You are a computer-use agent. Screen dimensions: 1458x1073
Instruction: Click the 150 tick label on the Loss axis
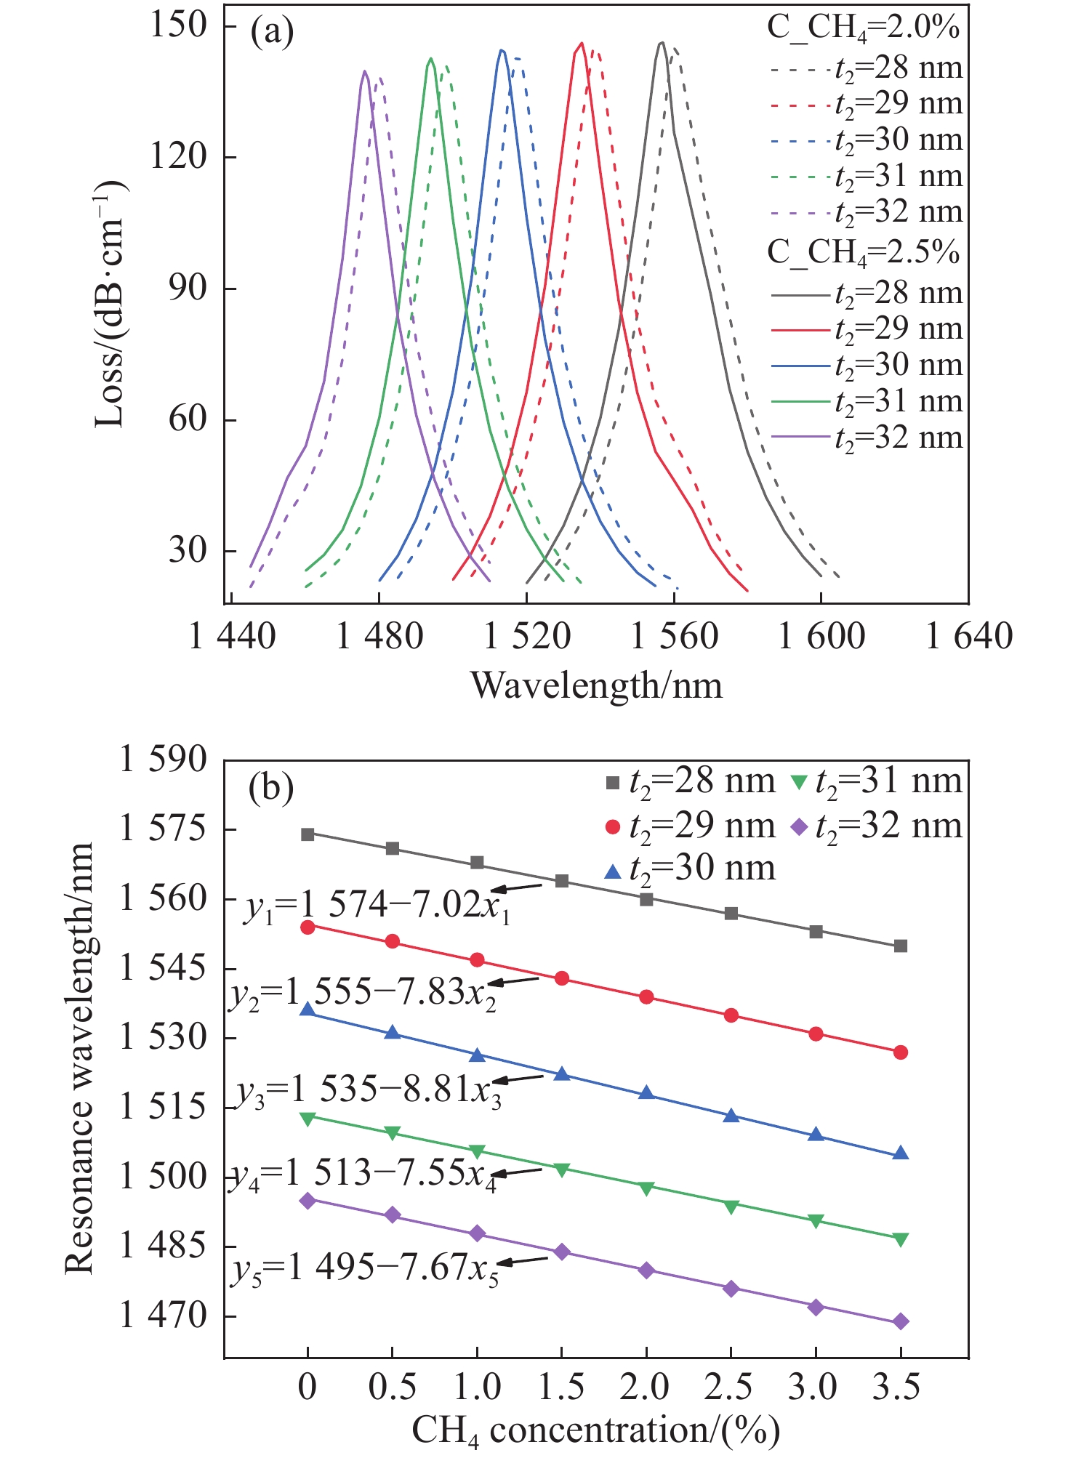(178, 25)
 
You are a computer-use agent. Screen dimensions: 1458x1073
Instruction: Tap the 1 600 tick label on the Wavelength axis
(821, 637)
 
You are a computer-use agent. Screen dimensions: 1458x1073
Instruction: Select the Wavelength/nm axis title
(596, 685)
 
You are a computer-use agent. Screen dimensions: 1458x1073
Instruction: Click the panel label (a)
(272, 32)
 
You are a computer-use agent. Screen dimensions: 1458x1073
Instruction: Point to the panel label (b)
(270, 787)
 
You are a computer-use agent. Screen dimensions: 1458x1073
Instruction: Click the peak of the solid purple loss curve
(364, 71)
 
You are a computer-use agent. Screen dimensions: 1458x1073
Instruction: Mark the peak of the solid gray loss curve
(662, 43)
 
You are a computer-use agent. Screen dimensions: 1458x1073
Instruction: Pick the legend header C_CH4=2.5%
(864, 252)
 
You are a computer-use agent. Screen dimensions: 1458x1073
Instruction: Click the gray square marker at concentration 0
(308, 834)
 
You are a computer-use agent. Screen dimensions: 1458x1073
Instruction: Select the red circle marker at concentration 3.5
(901, 1052)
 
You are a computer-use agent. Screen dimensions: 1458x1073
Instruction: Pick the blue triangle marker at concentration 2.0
(646, 1093)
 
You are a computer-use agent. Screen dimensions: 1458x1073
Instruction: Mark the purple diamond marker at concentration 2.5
(731, 1289)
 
